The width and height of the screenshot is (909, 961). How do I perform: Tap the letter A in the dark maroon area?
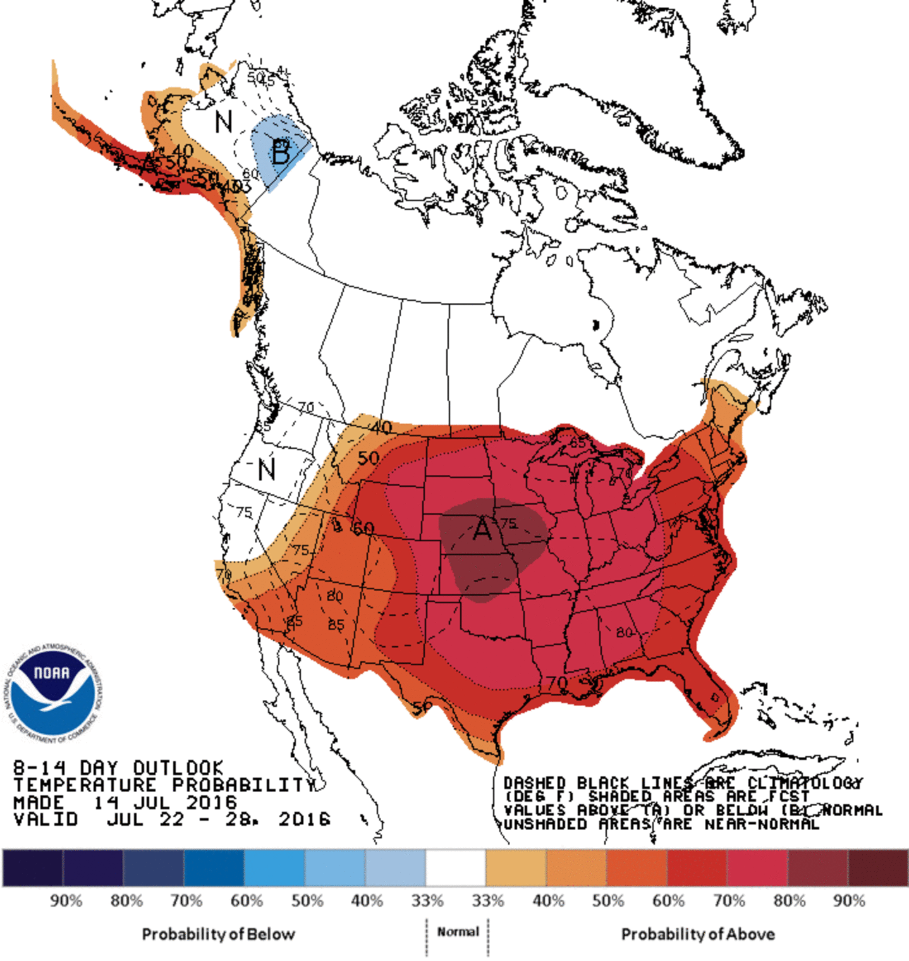tap(482, 528)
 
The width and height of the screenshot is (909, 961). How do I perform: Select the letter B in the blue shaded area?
tap(281, 152)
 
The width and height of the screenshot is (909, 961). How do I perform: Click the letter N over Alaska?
tap(223, 121)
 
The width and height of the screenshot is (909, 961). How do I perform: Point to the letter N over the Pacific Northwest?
tap(266, 469)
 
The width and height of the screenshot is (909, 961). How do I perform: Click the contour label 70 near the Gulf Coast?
tap(557, 683)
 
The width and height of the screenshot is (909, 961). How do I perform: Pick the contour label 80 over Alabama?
tap(624, 632)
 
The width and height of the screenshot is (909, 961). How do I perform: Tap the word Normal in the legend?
tap(458, 931)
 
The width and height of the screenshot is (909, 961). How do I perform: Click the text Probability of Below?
tap(218, 934)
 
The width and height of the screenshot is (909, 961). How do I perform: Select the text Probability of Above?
tap(698, 934)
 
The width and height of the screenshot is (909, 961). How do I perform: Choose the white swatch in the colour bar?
tap(455, 867)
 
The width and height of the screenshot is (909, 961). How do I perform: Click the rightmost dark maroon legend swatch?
tap(877, 867)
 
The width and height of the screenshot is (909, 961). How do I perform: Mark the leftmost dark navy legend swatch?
tap(32, 867)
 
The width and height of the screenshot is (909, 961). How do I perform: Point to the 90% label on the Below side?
tap(66, 900)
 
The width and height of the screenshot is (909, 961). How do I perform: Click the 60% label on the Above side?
tap(668, 900)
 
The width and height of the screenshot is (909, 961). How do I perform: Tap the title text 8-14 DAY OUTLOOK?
tap(118, 768)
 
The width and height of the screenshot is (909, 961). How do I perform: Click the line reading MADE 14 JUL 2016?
tap(125, 802)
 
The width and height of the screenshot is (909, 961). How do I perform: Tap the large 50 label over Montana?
tap(369, 458)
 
